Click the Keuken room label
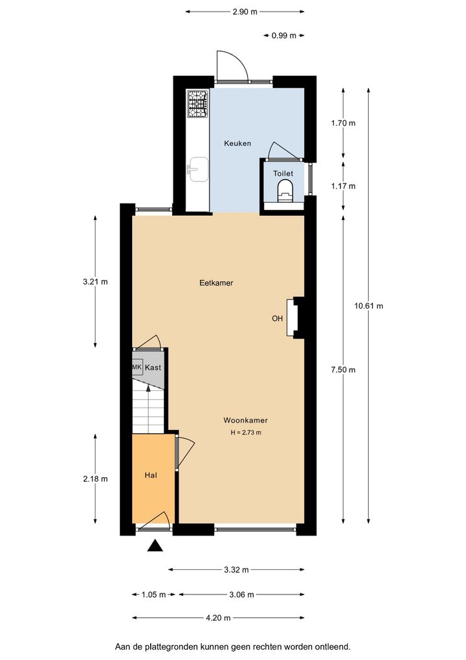[238, 143]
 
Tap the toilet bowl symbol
[285, 191]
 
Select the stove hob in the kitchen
[197, 104]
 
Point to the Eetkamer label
[216, 283]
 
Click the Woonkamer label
[245, 420]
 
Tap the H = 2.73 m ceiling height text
[246, 432]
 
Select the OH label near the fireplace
[277, 318]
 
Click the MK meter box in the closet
[137, 367]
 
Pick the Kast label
[153, 368]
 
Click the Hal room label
[151, 475]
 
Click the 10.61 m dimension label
[368, 306]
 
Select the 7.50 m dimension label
[343, 370]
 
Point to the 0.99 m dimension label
[283, 36]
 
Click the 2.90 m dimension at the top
[245, 12]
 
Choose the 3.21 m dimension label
[95, 281]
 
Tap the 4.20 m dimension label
[218, 618]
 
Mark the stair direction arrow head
[148, 388]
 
